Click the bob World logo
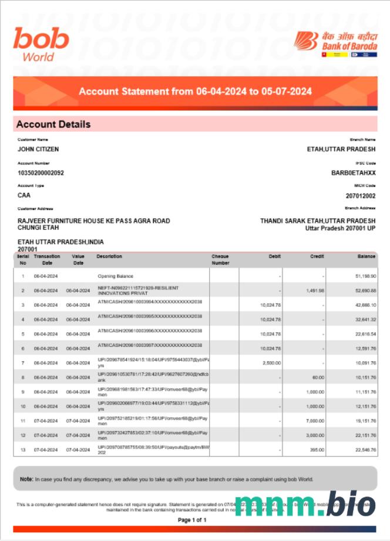coord(41,44)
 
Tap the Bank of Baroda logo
coord(336,43)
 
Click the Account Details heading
coord(53,124)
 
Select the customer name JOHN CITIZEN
coord(38,150)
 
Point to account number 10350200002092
coord(41,173)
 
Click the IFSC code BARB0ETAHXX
coord(354,173)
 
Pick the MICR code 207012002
coord(361,196)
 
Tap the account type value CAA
coord(24,195)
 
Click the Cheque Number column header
coord(220,259)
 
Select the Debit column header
coord(274,256)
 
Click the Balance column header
coord(367,256)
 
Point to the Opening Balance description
coord(115,276)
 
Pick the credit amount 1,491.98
coord(315,290)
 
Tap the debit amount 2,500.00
coord(271,363)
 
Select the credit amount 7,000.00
coord(315,421)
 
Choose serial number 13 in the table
coord(23,450)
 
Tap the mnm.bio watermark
coord(304,504)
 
